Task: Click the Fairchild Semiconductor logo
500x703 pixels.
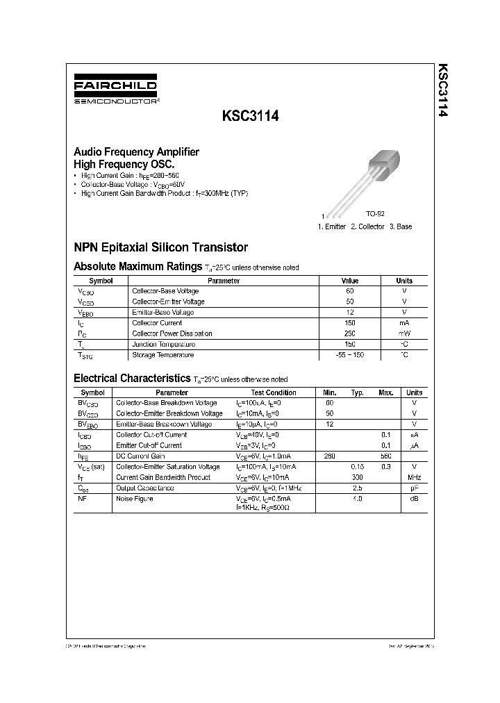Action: [x=116, y=91]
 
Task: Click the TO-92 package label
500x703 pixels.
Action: [x=376, y=216]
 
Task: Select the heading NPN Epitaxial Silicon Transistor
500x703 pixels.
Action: [x=160, y=247]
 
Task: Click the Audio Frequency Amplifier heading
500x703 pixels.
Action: [x=136, y=151]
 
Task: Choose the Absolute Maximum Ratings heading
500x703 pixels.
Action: [x=137, y=266]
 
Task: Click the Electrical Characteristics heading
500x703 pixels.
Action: [x=132, y=379]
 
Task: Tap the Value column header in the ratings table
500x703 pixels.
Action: [x=350, y=281]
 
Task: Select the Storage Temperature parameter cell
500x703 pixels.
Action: [x=162, y=355]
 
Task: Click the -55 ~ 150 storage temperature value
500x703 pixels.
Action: [x=350, y=355]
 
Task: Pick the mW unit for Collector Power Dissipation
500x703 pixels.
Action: [x=403, y=333]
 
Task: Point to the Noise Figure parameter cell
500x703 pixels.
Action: [x=135, y=499]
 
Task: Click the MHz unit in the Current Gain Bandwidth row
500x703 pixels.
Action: [x=414, y=477]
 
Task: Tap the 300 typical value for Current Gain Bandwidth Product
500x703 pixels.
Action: [x=358, y=477]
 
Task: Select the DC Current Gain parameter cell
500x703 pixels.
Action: [x=140, y=456]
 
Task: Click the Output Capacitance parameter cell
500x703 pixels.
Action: [x=144, y=488]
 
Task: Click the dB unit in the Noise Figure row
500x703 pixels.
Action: [x=414, y=499]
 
